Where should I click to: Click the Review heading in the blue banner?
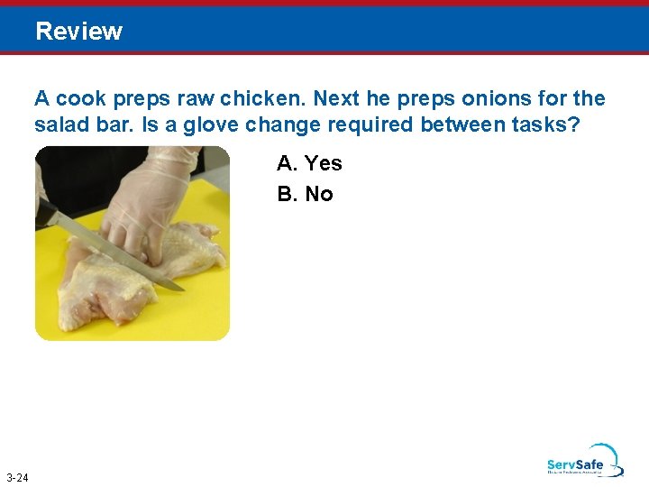[79, 32]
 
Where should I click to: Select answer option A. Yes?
[309, 163]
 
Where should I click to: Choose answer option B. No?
[306, 194]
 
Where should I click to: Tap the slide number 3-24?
[16, 477]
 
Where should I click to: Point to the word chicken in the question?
[270, 98]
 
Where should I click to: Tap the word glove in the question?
[210, 124]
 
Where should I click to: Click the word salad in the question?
[60, 124]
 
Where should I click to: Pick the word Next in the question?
[336, 98]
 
